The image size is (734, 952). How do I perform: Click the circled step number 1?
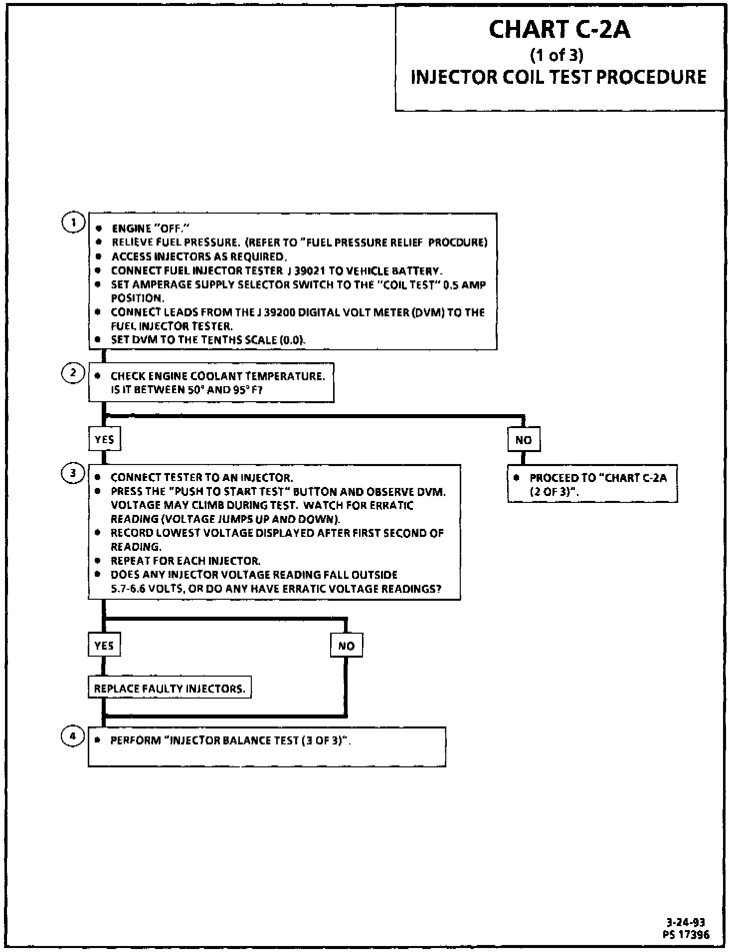[x=73, y=222]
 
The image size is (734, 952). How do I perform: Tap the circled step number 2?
[x=73, y=373]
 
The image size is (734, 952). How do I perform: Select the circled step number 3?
[x=73, y=473]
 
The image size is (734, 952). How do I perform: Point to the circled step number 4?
[x=73, y=736]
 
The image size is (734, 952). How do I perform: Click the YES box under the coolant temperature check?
[x=104, y=439]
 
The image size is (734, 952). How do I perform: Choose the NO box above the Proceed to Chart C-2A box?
[x=524, y=440]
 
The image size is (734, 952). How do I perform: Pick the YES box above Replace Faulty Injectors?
[x=104, y=645]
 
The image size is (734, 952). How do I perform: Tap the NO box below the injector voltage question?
[x=346, y=646]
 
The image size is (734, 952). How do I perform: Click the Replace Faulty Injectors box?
[x=170, y=689]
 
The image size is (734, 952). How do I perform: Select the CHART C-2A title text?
[x=559, y=29]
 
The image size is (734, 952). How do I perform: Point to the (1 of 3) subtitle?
[x=556, y=55]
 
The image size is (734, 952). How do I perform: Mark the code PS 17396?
[x=686, y=935]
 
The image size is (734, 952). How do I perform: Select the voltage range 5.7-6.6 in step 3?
[x=131, y=589]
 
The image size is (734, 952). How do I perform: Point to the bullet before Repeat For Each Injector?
[x=98, y=560]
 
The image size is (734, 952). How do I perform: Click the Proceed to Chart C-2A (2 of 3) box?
[x=592, y=484]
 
